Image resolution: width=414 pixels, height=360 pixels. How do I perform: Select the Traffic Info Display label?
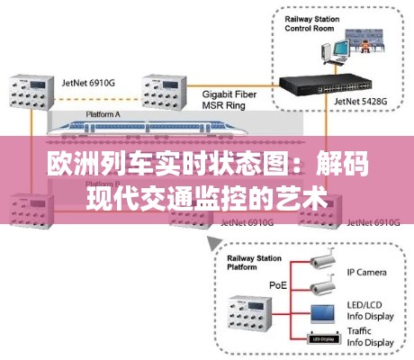pyautogui.click(x=369, y=337)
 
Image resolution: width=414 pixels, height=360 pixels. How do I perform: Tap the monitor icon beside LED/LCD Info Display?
pyautogui.click(x=322, y=314)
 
